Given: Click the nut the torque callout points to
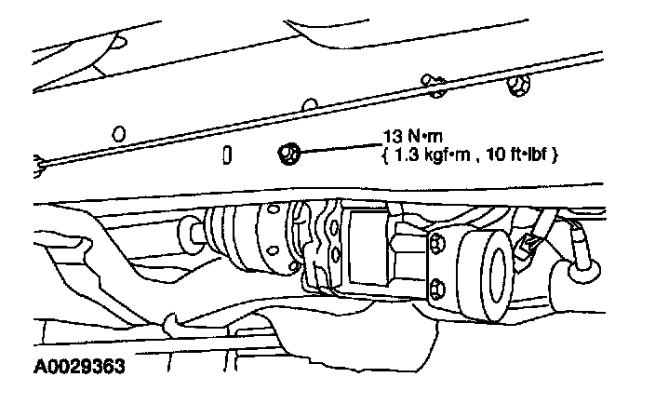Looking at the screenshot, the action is [287, 151].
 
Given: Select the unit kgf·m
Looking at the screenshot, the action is [445, 155].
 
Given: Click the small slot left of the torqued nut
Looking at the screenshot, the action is [227, 155].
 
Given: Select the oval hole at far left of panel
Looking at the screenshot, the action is [118, 133].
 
